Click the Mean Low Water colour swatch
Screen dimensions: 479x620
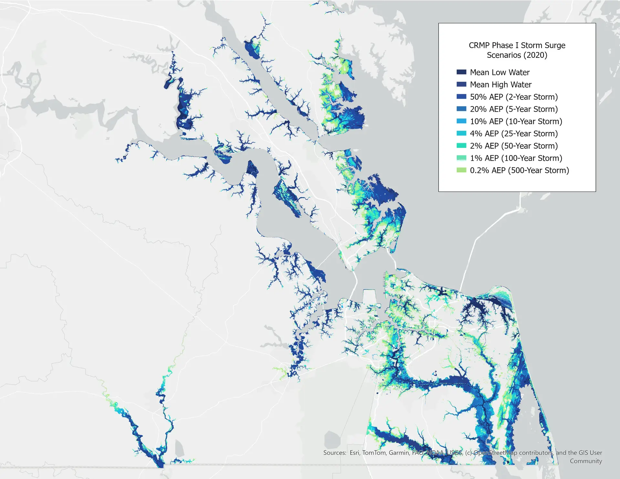click(x=461, y=72)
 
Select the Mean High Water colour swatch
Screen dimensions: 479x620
click(x=461, y=84)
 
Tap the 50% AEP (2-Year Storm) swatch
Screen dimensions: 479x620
click(x=461, y=97)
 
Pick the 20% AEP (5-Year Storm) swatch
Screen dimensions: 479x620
click(x=461, y=109)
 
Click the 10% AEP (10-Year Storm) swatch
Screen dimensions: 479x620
click(x=461, y=121)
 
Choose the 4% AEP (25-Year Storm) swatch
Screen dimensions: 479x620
click(x=461, y=133)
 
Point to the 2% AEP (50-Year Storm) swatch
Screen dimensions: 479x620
click(x=461, y=146)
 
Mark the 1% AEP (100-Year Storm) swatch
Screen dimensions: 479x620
click(x=461, y=158)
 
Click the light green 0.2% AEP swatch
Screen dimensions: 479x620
click(x=461, y=170)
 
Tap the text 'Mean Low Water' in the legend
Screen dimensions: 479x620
click(x=500, y=72)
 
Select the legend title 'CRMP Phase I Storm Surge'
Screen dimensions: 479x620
click(x=517, y=46)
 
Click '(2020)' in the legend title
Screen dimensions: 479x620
click(x=537, y=55)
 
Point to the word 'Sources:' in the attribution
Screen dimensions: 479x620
click(x=335, y=453)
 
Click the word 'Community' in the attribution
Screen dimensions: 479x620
click(x=586, y=461)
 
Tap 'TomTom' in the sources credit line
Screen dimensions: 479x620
click(x=374, y=453)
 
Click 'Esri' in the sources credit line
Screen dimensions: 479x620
click(x=354, y=453)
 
